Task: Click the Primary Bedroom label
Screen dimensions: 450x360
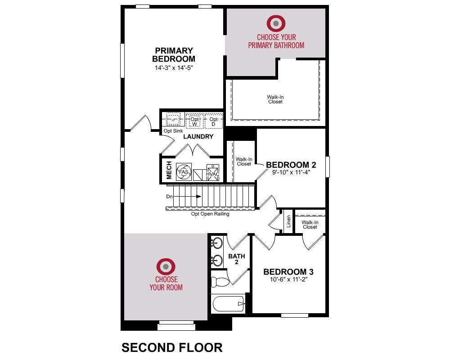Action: click(174, 55)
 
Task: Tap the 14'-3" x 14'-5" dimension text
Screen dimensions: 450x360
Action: click(174, 68)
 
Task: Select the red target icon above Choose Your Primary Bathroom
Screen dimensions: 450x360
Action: click(276, 23)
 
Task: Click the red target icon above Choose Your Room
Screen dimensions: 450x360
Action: click(166, 267)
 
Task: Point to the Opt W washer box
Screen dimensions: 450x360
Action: click(194, 121)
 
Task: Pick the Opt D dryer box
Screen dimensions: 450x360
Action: click(213, 121)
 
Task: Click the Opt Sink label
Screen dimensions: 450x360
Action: click(173, 131)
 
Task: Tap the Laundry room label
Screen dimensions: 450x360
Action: click(198, 137)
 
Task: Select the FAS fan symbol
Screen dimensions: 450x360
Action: click(184, 172)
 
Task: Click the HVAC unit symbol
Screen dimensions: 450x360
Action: click(213, 172)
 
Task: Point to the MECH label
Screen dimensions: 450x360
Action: click(169, 170)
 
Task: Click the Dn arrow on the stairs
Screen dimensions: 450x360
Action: click(184, 197)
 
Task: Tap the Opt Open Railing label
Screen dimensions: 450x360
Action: click(210, 214)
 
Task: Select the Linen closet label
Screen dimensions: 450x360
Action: click(289, 221)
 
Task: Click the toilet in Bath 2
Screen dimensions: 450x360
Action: click(220, 282)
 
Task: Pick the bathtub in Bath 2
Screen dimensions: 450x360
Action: click(229, 304)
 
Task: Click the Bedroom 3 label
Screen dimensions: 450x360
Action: click(288, 272)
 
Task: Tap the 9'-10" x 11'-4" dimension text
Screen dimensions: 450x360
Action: click(291, 172)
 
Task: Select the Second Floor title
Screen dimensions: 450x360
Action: click(172, 348)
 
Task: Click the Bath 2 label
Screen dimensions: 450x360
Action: click(237, 259)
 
